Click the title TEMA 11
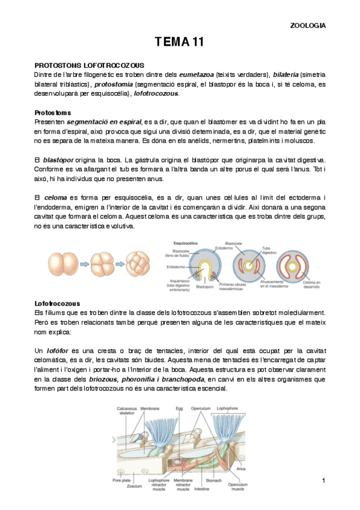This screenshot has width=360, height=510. (180, 42)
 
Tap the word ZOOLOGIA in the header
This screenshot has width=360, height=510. (308, 25)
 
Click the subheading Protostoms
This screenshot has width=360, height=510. (52, 112)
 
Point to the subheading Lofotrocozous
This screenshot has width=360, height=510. (58, 303)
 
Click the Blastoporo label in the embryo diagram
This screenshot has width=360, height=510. (206, 287)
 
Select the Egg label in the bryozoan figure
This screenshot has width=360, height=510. (180, 408)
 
